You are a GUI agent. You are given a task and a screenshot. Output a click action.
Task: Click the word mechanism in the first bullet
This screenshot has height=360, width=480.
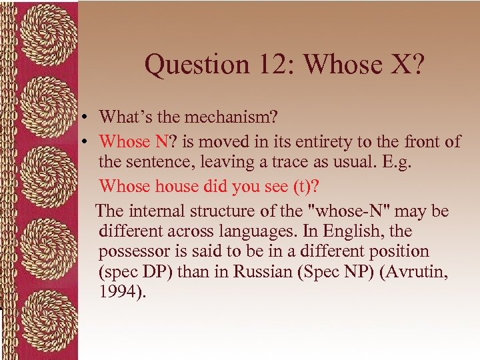coord(231,117)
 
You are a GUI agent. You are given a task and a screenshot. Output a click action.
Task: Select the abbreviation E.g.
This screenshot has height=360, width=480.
coord(397,161)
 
